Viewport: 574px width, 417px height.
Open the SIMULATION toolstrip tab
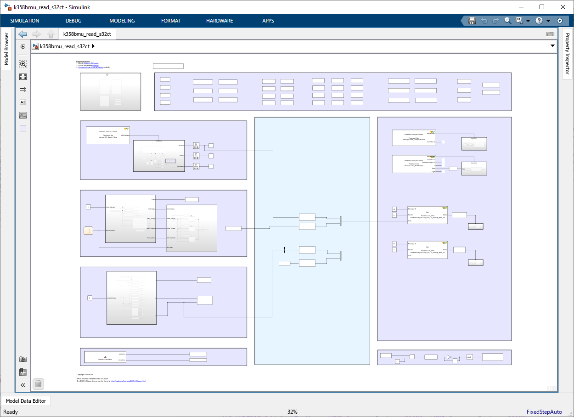[25, 21]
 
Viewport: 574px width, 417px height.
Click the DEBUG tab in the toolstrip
[73, 21]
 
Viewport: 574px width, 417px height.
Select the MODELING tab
[122, 21]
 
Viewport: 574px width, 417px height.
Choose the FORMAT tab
[171, 21]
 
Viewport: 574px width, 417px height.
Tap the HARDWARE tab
[219, 21]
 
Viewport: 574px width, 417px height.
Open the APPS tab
[268, 21]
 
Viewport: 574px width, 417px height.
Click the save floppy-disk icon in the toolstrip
[472, 21]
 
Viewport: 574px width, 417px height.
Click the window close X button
[563, 7]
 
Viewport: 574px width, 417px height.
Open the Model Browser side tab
[6, 49]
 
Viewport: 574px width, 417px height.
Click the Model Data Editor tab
[26, 401]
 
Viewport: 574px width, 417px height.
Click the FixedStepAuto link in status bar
[544, 412]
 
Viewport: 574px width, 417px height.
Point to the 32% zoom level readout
[293, 412]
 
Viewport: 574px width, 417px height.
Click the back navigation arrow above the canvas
[23, 34]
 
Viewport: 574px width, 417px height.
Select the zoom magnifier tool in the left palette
[23, 64]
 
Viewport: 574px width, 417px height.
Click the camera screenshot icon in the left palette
[23, 359]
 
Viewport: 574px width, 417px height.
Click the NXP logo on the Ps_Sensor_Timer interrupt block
[126, 129]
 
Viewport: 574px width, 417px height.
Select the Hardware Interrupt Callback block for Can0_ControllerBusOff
[414, 138]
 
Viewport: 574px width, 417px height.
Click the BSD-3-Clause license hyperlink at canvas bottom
[128, 381]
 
